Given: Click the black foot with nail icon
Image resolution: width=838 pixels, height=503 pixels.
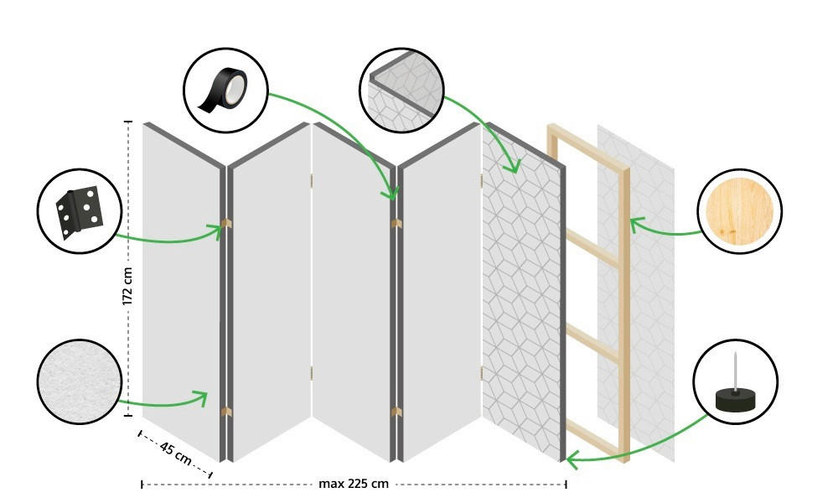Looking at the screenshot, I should (735, 382).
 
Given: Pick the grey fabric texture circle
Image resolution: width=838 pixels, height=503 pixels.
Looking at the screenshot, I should (79, 381).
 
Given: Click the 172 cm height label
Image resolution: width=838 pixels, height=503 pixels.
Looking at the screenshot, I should (128, 285).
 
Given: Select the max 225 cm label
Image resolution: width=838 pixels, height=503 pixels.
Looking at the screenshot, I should (354, 484).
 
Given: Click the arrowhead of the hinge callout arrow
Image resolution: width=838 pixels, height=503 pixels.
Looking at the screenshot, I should (220, 229).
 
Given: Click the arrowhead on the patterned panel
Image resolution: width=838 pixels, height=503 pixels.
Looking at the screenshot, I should (512, 168).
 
